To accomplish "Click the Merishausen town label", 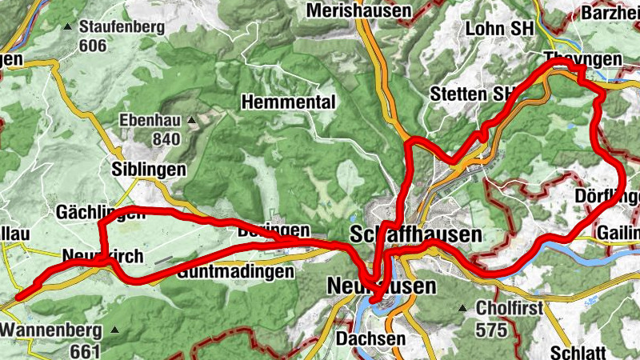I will (358, 11).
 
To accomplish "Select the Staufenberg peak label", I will (122, 27).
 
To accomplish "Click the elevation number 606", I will (93, 46).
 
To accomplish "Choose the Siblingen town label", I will (149, 170).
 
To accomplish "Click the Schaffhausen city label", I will (417, 234).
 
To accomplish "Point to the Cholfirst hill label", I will (510, 308).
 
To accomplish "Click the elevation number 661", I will (84, 350).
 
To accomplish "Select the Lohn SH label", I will (499, 29).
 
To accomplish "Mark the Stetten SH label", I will (471, 94).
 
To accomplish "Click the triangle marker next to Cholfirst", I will (462, 308).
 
